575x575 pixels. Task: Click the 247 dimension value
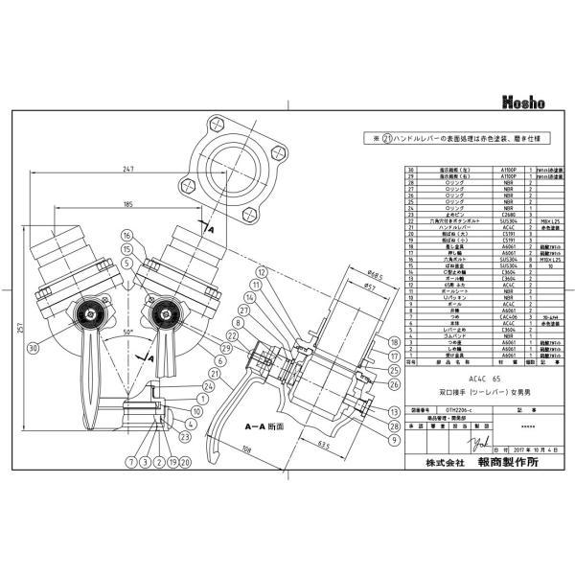click(127, 169)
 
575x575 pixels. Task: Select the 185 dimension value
click(126, 203)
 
